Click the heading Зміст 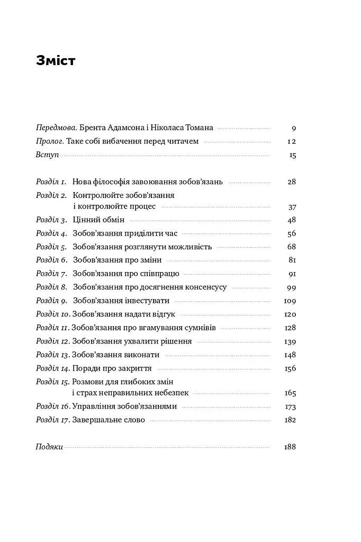pyautogui.click(x=56, y=61)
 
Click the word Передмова pyautogui.click(x=56, y=128)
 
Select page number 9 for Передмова pyautogui.click(x=293, y=128)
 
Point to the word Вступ pyautogui.click(x=47, y=155)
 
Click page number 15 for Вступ pyautogui.click(x=293, y=156)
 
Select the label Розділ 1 pyautogui.click(x=51, y=182)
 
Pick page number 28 pyautogui.click(x=292, y=182)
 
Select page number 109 pyautogui.click(x=290, y=301)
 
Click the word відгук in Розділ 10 pyautogui.click(x=164, y=314)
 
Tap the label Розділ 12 pyautogui.click(x=52, y=341)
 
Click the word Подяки pyautogui.click(x=49, y=447)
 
